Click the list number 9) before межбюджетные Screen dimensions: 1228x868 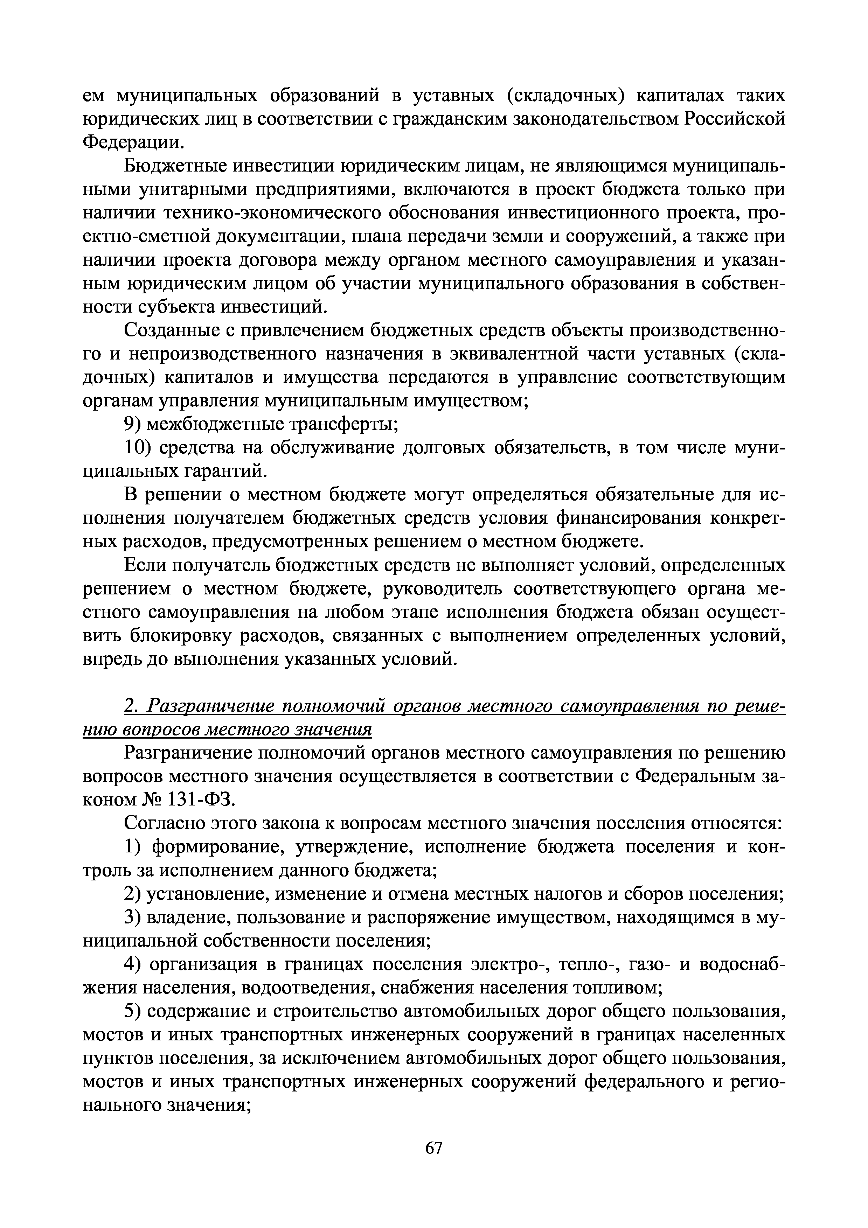point(132,424)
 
